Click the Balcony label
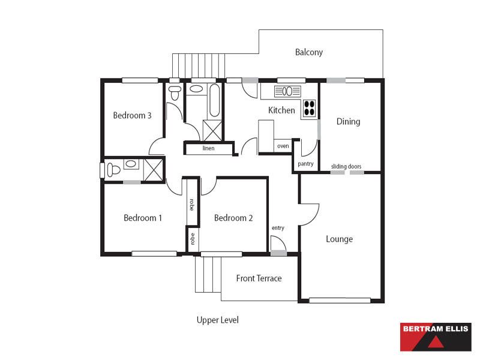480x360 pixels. click(309, 52)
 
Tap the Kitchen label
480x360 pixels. click(281, 110)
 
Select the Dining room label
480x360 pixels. click(349, 122)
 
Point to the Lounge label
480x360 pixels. click(339, 239)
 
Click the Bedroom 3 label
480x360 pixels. click(132, 115)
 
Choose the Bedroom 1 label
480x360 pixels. click(143, 218)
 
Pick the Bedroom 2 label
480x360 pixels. click(233, 218)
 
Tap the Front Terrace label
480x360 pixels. click(259, 278)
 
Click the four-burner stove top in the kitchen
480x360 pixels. click(310, 108)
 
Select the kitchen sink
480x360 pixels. click(287, 91)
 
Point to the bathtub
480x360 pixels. click(215, 100)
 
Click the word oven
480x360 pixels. click(283, 146)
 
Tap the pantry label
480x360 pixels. click(305, 164)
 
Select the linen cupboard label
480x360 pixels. click(208, 148)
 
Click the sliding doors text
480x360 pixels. click(346, 166)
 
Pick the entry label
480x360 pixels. click(278, 228)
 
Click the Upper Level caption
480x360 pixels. click(218, 320)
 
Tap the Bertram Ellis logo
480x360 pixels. click(436, 337)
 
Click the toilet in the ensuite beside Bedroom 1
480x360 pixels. click(113, 170)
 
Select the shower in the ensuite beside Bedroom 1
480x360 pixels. click(154, 170)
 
